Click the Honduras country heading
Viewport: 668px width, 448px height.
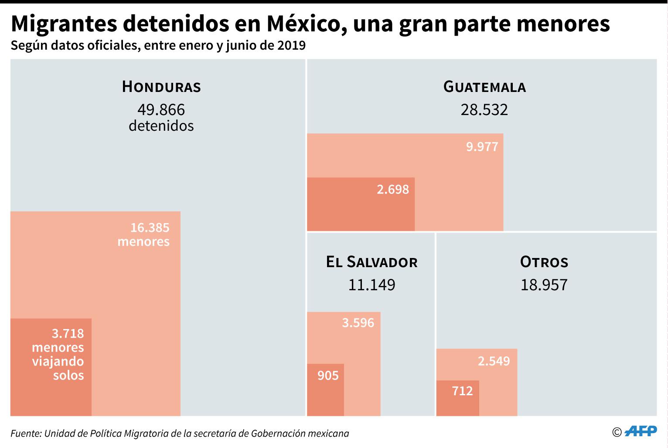[161, 86]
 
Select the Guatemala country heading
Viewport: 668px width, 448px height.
[484, 86]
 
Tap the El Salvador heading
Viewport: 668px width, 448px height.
[371, 262]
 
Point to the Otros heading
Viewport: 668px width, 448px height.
[544, 262]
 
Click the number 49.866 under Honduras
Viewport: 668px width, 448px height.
[161, 109]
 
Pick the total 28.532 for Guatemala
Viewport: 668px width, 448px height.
[484, 109]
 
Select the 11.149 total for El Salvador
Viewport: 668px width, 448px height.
[371, 285]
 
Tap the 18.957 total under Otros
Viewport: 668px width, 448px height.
[544, 285]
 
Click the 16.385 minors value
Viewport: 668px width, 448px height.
[150, 227]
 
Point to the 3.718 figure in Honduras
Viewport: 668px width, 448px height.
[68, 333]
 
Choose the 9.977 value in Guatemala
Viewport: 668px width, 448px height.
[482, 146]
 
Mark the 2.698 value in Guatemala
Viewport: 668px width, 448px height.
[393, 189]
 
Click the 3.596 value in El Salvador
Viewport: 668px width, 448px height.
[358, 323]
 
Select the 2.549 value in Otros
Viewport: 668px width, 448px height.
[494, 361]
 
